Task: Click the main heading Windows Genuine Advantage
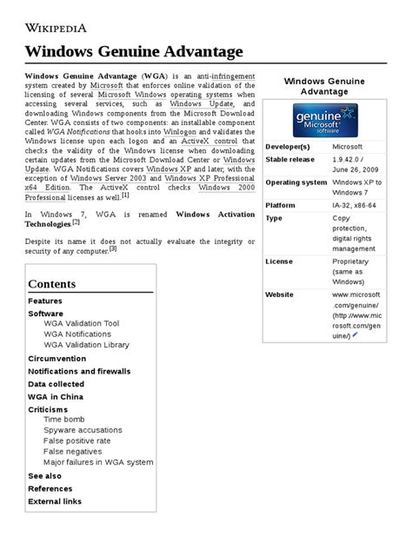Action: (133, 51)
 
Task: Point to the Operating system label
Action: (296, 182)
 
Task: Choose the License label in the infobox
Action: (279, 261)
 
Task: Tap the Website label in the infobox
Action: (280, 294)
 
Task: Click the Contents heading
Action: (51, 284)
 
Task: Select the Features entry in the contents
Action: (45, 301)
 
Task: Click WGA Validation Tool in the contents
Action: (81, 323)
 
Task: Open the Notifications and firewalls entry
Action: (79, 371)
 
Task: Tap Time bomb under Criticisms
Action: (64, 419)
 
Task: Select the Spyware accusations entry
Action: (83, 430)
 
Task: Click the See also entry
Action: (45, 475)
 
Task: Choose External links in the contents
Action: (55, 501)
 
